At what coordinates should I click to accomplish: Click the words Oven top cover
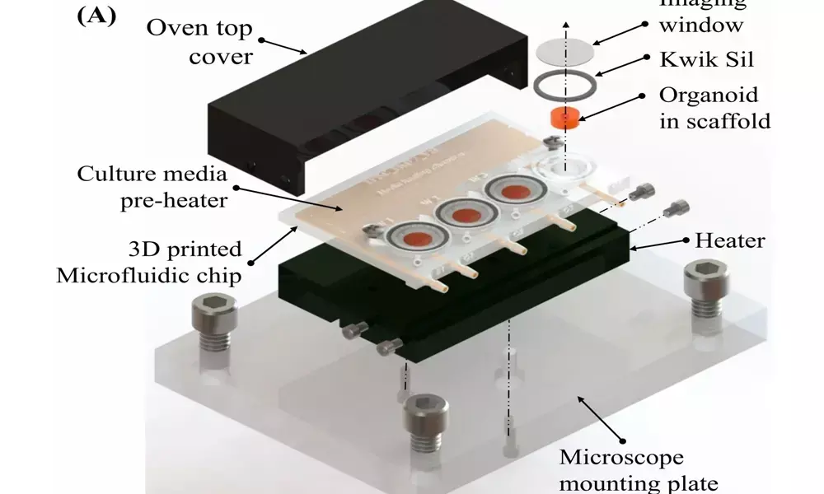click(x=200, y=42)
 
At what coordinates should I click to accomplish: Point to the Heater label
click(x=730, y=241)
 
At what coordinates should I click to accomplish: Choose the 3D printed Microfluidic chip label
click(x=149, y=262)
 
